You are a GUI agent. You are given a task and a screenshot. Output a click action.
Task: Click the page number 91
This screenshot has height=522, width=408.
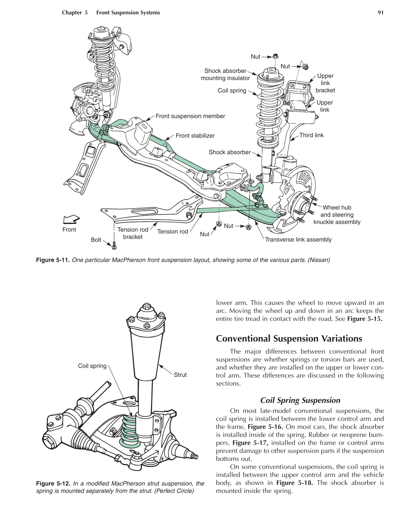point(380,13)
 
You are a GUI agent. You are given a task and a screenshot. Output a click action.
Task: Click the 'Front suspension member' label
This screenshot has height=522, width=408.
point(190,116)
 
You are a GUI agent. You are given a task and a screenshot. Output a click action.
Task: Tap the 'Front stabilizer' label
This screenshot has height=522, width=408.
point(195,136)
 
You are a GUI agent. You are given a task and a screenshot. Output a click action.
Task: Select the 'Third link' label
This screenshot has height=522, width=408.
point(311,135)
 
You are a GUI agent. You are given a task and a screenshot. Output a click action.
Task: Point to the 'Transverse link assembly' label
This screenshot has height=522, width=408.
point(298,240)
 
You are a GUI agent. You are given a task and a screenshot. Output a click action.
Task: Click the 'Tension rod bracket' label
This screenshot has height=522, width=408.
point(133,233)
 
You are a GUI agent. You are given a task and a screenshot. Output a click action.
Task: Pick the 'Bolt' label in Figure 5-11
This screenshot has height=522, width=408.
point(96,240)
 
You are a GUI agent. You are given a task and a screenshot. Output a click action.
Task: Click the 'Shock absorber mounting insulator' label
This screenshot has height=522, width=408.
point(225,74)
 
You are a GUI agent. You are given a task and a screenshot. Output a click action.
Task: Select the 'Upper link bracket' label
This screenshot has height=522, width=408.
point(325,83)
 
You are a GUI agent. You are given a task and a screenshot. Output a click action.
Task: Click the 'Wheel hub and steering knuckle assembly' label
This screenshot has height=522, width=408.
point(337,215)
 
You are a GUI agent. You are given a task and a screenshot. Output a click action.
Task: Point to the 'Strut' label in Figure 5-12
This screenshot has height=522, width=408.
point(180,375)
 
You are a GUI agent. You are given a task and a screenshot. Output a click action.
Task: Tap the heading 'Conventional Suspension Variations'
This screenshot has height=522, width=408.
point(289,339)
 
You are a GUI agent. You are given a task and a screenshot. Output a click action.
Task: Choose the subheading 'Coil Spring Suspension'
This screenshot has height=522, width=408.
point(300,400)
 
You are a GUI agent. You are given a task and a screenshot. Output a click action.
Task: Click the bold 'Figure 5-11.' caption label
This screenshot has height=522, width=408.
point(53,260)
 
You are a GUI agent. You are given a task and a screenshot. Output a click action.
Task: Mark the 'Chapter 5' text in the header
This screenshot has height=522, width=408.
point(74,13)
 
